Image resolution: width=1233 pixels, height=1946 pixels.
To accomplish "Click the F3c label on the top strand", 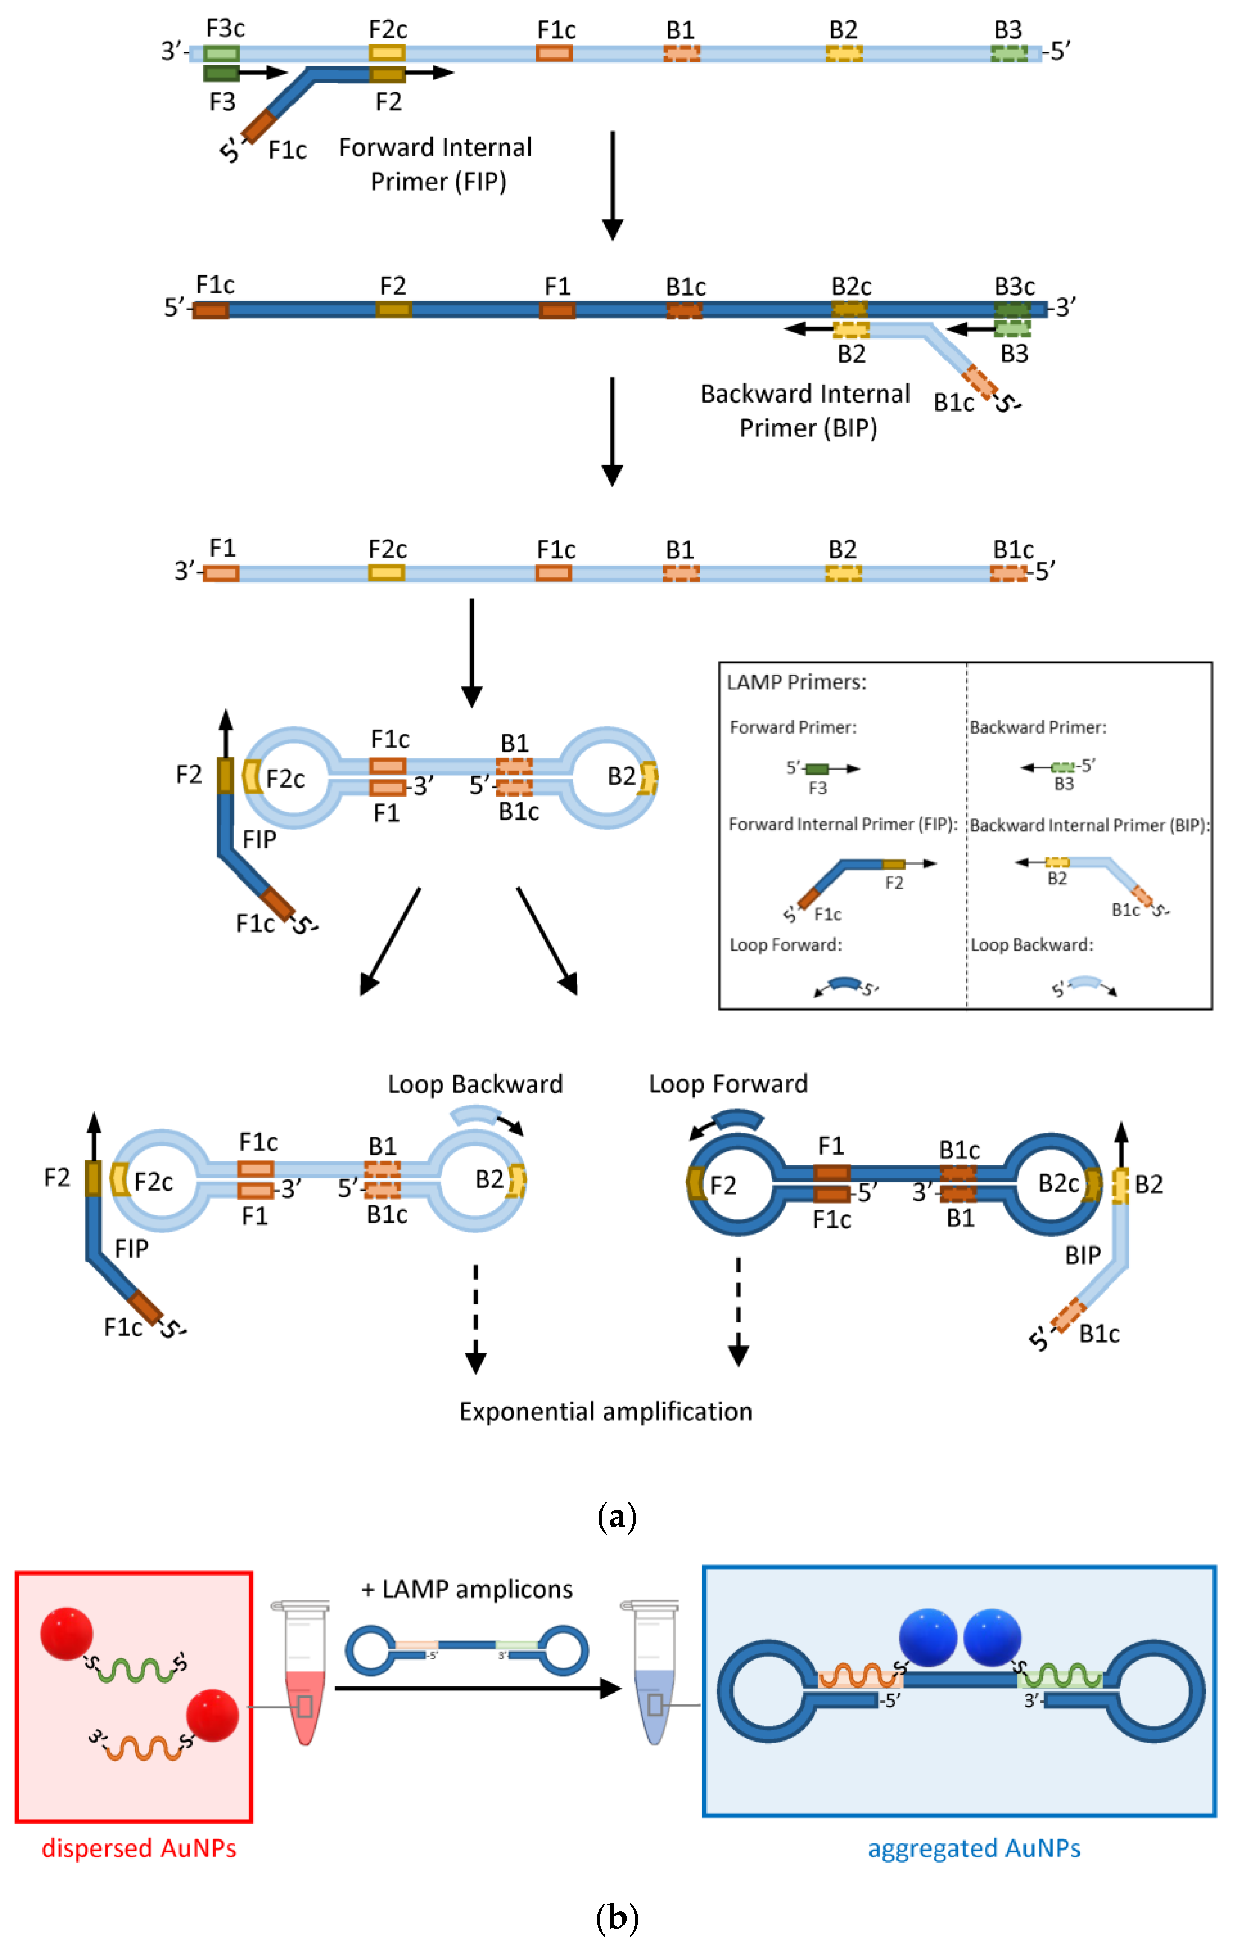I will [225, 29].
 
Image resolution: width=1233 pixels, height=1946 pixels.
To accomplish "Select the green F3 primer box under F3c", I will [221, 74].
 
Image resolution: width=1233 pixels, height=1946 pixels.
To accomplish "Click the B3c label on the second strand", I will [1015, 287].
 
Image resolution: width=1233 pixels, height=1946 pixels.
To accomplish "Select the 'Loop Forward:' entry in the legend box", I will [785, 945].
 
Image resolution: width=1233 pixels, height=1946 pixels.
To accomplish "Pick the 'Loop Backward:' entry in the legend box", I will [1032, 945].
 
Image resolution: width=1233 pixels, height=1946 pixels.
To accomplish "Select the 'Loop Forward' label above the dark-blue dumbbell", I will [728, 1084].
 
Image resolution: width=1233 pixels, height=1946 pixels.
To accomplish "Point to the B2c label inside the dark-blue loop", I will [1058, 1184].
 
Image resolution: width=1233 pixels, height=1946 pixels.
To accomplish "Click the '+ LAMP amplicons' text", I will [467, 1590].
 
